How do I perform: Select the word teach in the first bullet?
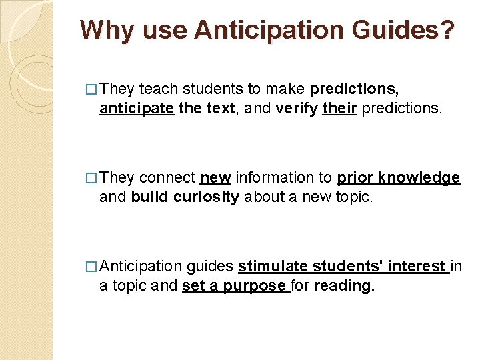tap(159, 89)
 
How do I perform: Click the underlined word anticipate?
tap(137, 108)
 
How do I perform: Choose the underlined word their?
tap(339, 108)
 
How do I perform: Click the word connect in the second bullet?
tap(167, 178)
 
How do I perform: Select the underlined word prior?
tap(355, 178)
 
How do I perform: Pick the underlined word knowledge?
tap(419, 178)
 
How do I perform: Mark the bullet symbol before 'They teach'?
tap(91, 89)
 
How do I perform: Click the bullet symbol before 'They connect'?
tap(91, 178)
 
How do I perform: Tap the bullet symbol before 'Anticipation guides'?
tap(91, 267)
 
